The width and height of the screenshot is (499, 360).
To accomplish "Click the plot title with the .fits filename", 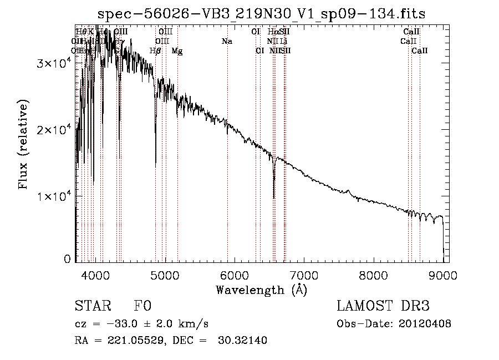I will pos(262,14).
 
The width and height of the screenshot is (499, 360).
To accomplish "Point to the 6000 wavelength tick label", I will pos(235,275).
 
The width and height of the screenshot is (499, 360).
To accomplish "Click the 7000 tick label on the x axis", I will pos(304,275).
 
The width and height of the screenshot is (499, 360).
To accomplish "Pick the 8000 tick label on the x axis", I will pos(374,275).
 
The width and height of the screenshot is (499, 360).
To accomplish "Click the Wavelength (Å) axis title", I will pos(261,290).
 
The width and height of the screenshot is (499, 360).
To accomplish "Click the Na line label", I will pos(227,41).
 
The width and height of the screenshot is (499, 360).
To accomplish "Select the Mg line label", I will pos(177,51).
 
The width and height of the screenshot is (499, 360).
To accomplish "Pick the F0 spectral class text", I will pos(142,307).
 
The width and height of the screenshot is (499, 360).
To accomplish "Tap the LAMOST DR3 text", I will pos(383,306).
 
